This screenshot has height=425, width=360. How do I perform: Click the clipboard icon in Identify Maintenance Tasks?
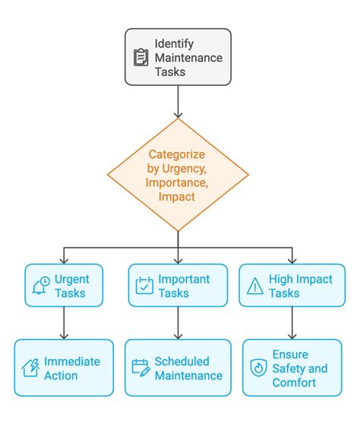141,57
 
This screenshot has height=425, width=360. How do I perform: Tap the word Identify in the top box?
174,44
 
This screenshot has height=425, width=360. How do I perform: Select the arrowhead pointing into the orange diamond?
178,115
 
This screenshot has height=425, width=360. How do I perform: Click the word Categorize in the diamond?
176,154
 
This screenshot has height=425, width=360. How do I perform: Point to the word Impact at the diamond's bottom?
177,197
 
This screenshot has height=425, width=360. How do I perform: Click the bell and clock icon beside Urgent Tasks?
41,285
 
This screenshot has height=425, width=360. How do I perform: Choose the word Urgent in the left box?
71,280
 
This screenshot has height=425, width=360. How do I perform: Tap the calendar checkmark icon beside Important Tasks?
144,285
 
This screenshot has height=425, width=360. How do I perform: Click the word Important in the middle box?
184,279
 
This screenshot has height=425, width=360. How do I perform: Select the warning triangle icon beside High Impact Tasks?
255,286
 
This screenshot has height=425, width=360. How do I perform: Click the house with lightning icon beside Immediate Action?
30,368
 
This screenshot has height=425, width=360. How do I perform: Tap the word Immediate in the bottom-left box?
72,362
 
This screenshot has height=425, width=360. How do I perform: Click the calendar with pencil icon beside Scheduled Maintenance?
141,368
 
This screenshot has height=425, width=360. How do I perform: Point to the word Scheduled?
182,362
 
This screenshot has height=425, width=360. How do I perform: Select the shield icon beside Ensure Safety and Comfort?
258,368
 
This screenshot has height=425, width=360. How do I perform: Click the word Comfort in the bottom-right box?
294,382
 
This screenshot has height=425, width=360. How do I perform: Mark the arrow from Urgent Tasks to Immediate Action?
64,323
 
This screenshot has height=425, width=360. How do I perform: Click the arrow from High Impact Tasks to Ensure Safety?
292,323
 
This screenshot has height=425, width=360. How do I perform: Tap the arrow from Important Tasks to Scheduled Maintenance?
178,323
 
